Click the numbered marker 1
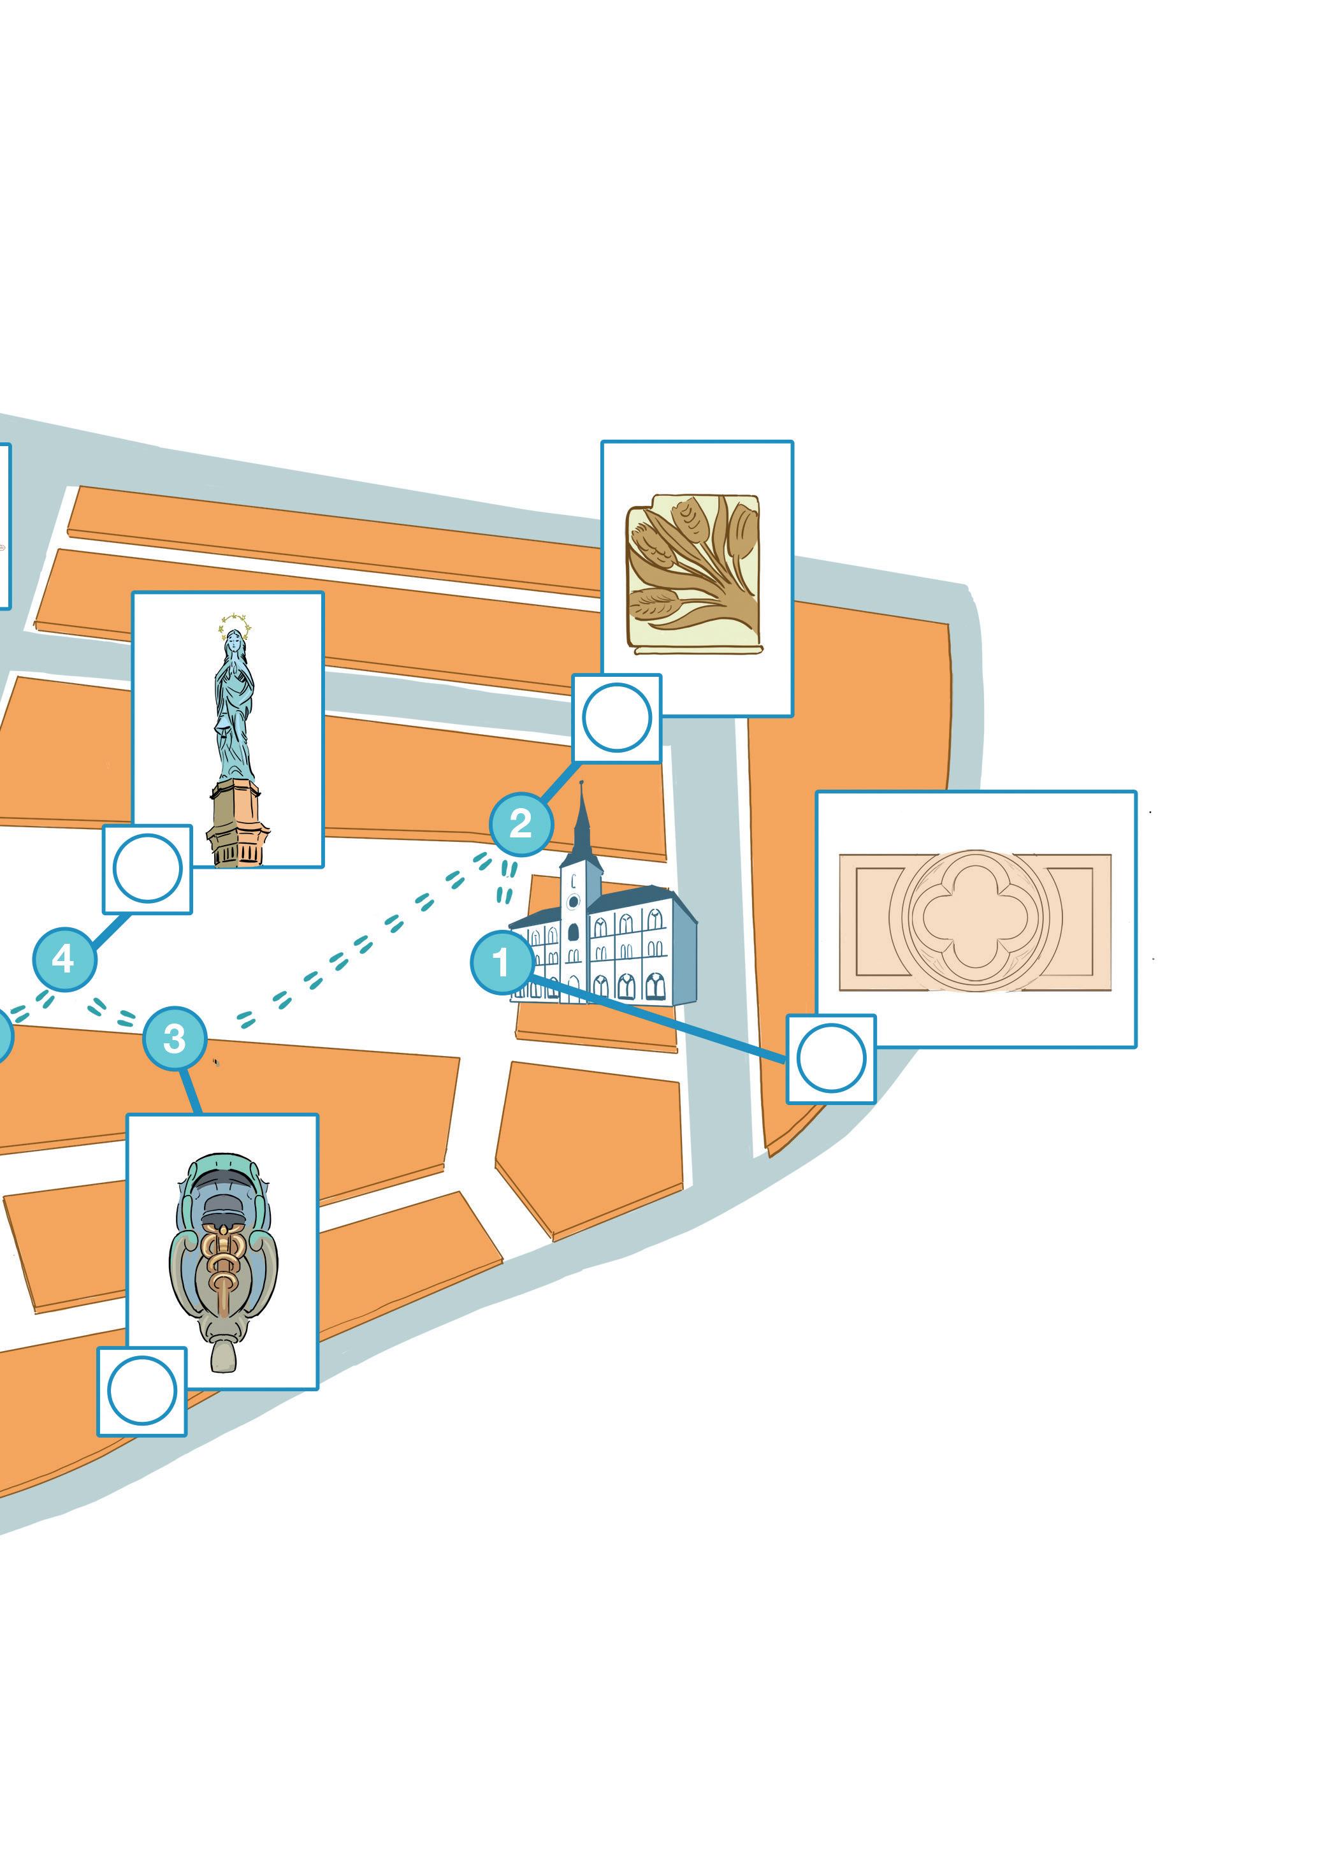point(502,963)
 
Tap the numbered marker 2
point(521,824)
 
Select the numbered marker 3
point(175,1039)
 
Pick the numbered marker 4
point(64,959)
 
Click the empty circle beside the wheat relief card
point(617,718)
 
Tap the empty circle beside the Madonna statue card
point(148,868)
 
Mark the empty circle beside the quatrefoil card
point(830,1059)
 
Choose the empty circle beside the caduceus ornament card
point(142,1391)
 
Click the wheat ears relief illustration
point(693,571)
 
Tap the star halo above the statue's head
point(235,626)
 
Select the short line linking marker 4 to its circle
point(111,930)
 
